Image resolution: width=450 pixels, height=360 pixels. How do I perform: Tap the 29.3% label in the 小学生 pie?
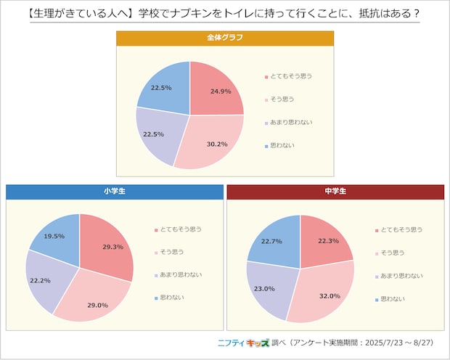click(112, 247)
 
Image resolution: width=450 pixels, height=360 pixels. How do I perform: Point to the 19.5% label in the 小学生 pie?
click(54, 237)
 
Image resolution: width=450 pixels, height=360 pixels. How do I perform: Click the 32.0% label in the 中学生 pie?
click(329, 295)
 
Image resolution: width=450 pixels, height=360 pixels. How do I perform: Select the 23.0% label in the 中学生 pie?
click(264, 289)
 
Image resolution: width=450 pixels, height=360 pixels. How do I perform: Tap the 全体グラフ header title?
click(224, 38)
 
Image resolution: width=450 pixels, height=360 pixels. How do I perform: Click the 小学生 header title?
click(114, 192)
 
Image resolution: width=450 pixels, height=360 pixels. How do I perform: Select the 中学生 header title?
click(335, 192)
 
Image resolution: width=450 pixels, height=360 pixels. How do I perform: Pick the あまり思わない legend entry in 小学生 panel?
click(180, 275)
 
